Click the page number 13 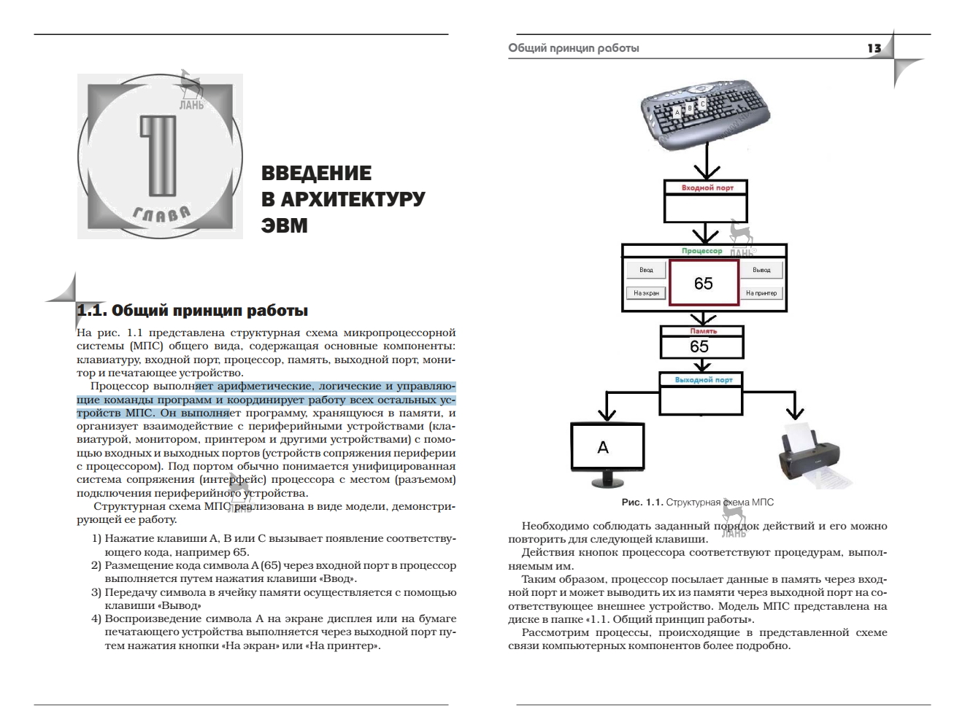tap(874, 48)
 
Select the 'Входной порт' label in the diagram tap(707, 187)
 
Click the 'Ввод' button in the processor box tap(646, 270)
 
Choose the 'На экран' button tap(646, 293)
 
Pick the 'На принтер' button tap(761, 293)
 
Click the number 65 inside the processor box tap(703, 284)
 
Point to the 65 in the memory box tap(699, 346)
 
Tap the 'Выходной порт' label tap(703, 380)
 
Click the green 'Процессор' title tap(701, 251)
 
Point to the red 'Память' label tap(703, 331)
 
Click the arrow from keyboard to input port tap(705, 163)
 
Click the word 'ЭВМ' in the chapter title tap(285, 226)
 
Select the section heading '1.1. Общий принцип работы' tap(193, 311)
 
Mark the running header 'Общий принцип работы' tap(574, 48)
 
